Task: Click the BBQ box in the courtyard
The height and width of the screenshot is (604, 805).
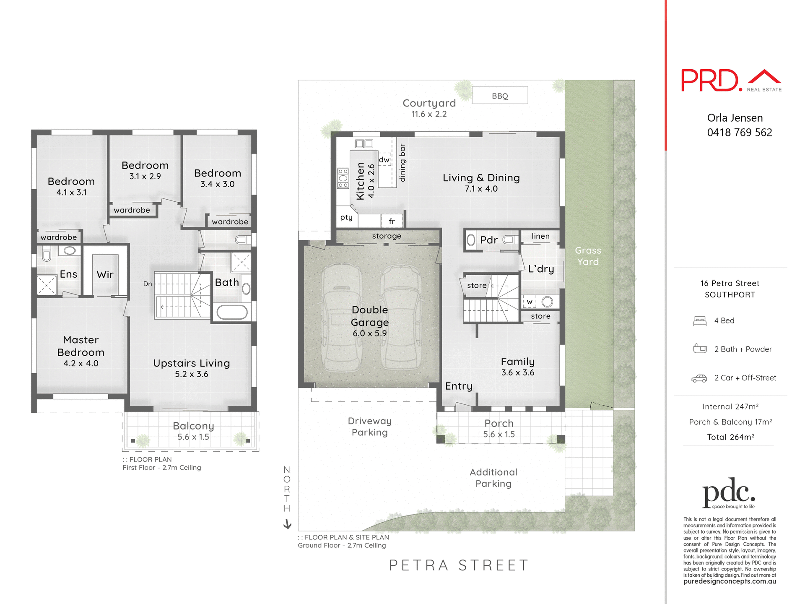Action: (500, 96)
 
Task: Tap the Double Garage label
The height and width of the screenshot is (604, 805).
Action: (370, 316)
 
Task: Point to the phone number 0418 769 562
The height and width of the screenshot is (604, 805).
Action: (739, 133)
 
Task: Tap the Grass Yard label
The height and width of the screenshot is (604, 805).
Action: (588, 256)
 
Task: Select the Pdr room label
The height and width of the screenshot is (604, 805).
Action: (489, 240)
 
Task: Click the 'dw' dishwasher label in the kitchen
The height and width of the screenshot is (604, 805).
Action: (384, 160)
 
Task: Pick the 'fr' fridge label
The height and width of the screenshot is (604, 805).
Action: (392, 221)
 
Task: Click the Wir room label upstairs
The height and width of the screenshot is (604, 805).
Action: (105, 274)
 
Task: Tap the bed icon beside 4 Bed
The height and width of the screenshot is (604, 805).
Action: (700, 321)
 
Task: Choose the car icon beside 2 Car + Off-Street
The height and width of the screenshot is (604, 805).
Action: (699, 378)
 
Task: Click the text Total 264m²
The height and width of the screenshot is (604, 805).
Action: (730, 437)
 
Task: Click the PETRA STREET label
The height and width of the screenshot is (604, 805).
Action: (459, 565)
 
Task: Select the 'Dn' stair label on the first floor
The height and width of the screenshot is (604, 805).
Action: (148, 284)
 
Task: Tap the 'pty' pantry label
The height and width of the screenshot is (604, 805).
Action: (346, 217)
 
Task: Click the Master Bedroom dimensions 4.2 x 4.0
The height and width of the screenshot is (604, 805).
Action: (81, 363)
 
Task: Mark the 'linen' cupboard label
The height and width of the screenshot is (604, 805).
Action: (540, 236)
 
